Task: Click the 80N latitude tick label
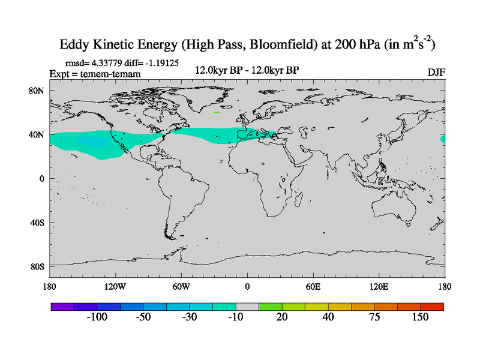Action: (38, 91)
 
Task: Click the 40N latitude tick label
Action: (38, 134)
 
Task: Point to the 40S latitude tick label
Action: (38, 223)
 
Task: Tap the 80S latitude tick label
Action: (38, 266)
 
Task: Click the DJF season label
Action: (436, 72)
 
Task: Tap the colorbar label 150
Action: (421, 317)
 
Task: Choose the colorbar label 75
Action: (374, 317)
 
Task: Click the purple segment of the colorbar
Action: (62, 307)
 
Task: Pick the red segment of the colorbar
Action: (433, 307)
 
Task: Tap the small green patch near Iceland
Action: (217, 112)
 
